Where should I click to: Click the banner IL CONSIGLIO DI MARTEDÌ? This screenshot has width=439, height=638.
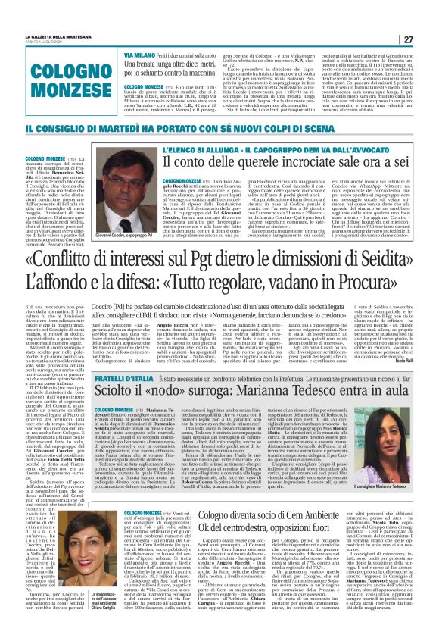pos(219,130)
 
